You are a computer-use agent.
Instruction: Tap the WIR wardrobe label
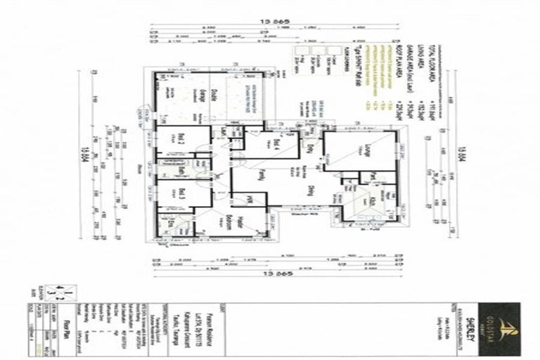pyautogui.click(x=248, y=200)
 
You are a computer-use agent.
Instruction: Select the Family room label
pyautogui.click(x=260, y=175)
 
